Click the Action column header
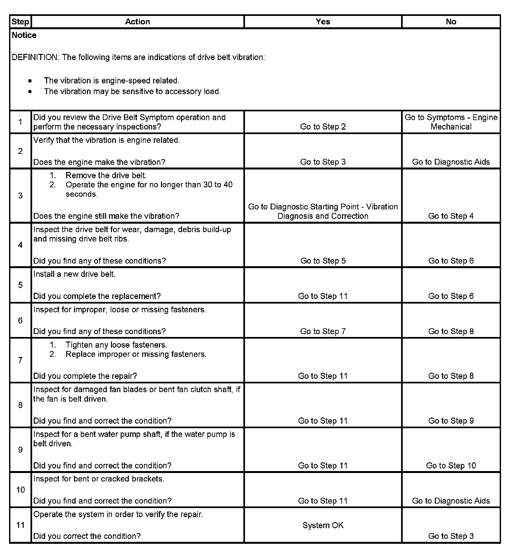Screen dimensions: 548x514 pos(138,22)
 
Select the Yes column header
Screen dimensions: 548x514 pos(323,22)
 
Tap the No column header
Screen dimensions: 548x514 pos(451,22)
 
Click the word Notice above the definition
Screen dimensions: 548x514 pos(24,35)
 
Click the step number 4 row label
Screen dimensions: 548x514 pos(20,245)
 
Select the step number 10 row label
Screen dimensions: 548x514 pos(20,490)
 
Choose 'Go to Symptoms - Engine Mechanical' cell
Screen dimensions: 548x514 pos(451,122)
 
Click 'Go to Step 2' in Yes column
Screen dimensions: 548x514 pos(323,127)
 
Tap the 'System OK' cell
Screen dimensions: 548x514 pos(323,525)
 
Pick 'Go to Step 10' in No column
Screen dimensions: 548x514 pos(451,466)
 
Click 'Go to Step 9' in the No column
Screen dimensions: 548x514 pos(451,421)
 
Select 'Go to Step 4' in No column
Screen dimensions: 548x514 pos(451,216)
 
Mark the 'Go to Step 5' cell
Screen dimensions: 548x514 pos(323,261)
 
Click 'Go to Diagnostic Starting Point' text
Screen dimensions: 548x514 pos(323,207)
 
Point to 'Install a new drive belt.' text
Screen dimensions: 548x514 pos(74,274)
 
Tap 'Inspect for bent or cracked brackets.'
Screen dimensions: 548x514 pos(99,479)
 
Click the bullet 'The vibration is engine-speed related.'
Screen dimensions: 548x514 pos(111,81)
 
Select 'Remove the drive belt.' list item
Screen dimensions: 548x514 pos(106,176)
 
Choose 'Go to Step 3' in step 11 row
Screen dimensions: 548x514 pos(451,536)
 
